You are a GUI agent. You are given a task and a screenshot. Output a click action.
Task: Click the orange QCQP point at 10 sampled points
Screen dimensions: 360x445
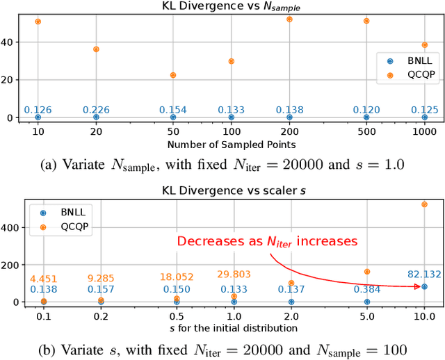tap(38, 22)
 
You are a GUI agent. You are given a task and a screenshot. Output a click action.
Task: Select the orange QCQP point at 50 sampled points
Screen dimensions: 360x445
tap(173, 75)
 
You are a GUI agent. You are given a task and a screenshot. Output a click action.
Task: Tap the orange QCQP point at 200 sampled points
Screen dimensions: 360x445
tap(289, 19)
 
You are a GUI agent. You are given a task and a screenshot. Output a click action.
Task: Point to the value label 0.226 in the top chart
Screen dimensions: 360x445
tap(96, 109)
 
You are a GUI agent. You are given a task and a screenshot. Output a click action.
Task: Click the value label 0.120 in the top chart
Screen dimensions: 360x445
tap(366, 109)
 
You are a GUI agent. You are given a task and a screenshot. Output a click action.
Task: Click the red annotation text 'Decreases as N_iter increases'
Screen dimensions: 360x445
tap(267, 241)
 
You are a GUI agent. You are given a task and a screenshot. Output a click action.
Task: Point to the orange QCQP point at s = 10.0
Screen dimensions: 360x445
tap(424, 204)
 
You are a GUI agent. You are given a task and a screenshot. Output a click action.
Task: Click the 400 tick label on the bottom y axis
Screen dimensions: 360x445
tap(12, 227)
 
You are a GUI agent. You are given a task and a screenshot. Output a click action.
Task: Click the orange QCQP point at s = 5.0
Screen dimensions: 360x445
tap(366, 272)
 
